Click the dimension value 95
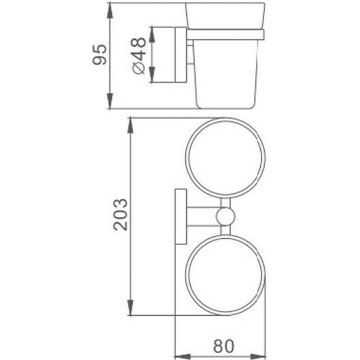click(x=99, y=54)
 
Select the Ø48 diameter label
click(x=139, y=56)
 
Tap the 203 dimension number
click(x=120, y=215)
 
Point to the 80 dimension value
click(x=224, y=346)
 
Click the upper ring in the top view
click(x=186, y=158)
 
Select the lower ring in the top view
click(x=186, y=275)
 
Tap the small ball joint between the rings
click(x=225, y=216)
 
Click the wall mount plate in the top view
click(x=181, y=216)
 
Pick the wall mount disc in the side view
click(x=181, y=55)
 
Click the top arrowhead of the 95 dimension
click(x=110, y=11)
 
